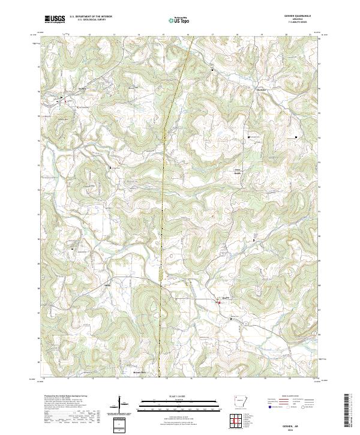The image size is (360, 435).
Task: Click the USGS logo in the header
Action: (55, 19)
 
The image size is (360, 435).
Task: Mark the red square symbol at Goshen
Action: (219, 302)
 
